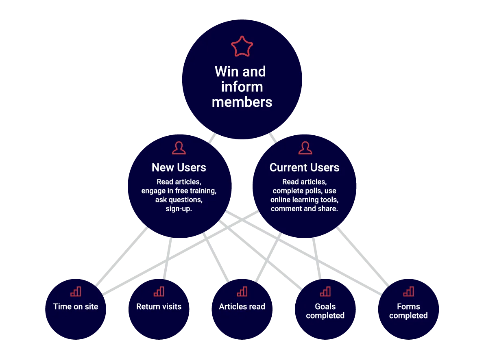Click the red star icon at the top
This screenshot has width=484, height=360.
(x=242, y=47)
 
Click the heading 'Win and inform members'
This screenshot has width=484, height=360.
(x=242, y=87)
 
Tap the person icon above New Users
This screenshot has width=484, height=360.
(x=179, y=148)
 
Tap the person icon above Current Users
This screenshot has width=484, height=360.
(x=305, y=148)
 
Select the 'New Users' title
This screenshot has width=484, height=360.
(x=179, y=167)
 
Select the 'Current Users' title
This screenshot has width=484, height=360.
(x=304, y=167)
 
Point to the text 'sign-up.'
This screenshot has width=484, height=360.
(x=179, y=209)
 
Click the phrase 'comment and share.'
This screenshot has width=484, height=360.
(x=304, y=209)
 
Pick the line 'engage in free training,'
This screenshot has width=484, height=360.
(x=179, y=191)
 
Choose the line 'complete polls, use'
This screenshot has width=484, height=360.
(x=304, y=191)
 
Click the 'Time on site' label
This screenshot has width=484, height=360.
(x=76, y=307)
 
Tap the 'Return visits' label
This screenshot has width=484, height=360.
(x=159, y=307)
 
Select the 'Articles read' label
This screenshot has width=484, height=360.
(x=242, y=307)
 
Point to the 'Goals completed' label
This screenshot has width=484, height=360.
(x=325, y=311)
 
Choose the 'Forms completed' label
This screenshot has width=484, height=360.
(x=408, y=311)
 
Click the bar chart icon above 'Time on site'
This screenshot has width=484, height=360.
(x=76, y=291)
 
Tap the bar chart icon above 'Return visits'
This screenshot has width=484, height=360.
(x=159, y=291)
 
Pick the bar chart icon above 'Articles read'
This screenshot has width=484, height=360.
(x=242, y=291)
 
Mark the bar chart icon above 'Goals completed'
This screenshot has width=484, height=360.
(x=325, y=291)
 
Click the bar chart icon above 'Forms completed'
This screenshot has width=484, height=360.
(x=408, y=291)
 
